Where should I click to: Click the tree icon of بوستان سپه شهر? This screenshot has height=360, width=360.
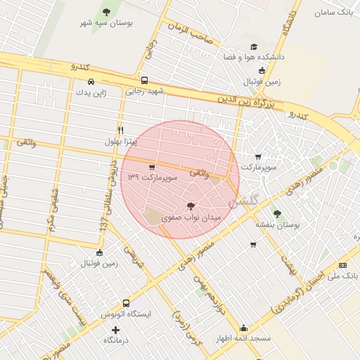click(x=106, y=12)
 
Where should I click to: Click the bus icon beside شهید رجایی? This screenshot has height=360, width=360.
click(x=144, y=80)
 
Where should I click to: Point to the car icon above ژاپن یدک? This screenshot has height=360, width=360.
click(x=91, y=81)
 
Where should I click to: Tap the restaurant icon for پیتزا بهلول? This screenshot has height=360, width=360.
click(x=120, y=131)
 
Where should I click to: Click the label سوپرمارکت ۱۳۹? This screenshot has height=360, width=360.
click(x=153, y=178)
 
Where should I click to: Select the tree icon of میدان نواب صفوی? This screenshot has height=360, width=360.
click(x=191, y=206)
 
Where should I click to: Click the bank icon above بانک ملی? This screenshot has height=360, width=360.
click(x=342, y=265)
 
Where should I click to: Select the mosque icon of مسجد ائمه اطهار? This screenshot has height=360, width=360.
click(x=243, y=328)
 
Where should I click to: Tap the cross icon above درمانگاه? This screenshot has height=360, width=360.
click(x=115, y=330)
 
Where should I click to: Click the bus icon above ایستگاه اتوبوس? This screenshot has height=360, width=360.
click(x=126, y=303)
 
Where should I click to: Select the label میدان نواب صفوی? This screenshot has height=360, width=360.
click(x=191, y=218)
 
